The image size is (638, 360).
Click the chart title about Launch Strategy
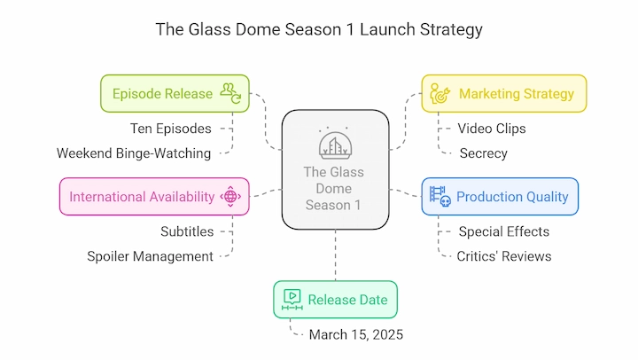point(319,30)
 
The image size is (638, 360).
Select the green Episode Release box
point(175,94)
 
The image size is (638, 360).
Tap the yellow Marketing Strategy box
point(504,94)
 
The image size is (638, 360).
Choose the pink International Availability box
point(154,197)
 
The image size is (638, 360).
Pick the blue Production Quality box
point(500,197)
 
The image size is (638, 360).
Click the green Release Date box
point(335,300)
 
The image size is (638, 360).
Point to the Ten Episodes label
point(171,129)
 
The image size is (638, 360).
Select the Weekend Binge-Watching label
point(134,153)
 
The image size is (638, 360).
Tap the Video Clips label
point(492,129)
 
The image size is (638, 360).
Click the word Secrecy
point(484,153)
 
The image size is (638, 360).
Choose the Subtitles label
point(187,231)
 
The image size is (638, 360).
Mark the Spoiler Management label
point(150,256)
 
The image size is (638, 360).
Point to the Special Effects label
point(504,231)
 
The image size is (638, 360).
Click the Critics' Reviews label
point(504,256)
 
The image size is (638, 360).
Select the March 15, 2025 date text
point(356,335)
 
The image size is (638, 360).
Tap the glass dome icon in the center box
point(335,143)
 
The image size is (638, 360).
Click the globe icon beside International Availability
point(230,197)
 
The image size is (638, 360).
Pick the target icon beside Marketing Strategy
point(440,94)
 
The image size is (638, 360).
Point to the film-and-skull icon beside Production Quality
point(440,197)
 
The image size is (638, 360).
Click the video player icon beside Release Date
point(292,300)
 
